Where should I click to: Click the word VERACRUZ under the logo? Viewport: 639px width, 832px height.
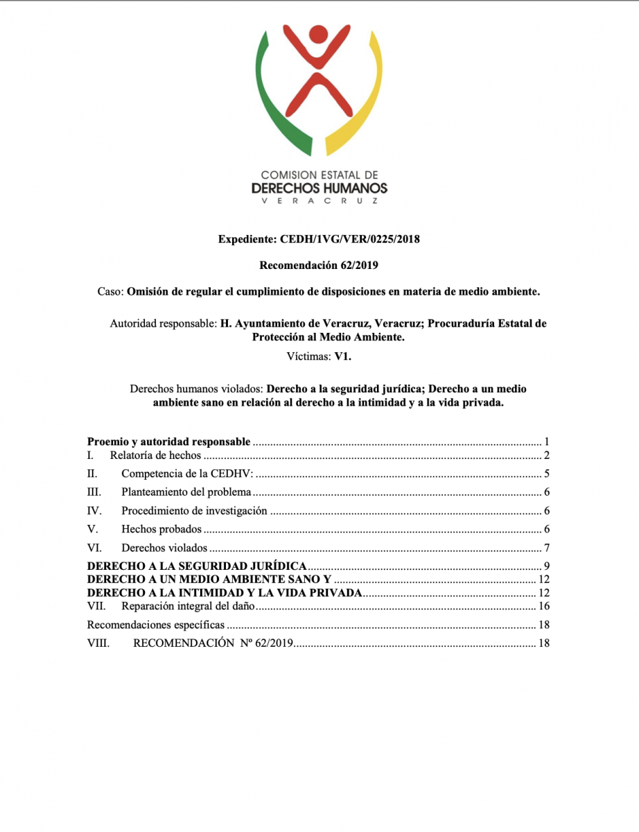(319, 200)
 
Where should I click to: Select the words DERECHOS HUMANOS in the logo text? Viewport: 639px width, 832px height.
(319, 188)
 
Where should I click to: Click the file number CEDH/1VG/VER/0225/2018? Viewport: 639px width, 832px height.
(350, 240)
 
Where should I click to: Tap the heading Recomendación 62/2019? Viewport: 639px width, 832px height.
(319, 266)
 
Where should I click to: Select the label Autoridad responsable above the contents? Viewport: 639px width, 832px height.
(161, 324)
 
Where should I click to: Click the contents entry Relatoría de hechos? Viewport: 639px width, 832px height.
(155, 456)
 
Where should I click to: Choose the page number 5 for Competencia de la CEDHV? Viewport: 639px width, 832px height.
(546, 475)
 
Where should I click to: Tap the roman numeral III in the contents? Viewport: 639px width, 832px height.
(94, 493)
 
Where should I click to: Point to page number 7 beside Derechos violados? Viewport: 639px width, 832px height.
(546, 548)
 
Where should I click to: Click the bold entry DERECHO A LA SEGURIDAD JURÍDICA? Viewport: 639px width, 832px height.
(198, 566)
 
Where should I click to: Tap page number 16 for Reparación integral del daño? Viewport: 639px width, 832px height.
(544, 607)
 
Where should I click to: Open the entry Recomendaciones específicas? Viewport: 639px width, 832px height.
(156, 625)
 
